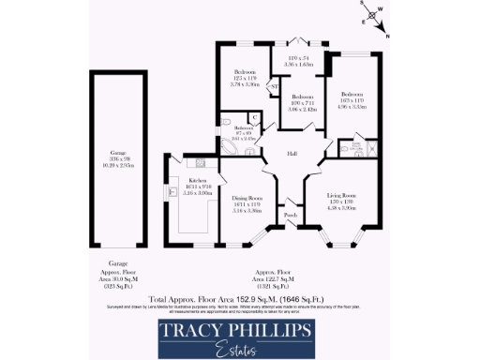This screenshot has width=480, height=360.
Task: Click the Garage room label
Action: (x=117, y=152)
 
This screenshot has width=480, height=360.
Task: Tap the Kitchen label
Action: (x=198, y=179)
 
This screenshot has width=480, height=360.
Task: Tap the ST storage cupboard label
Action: (x=274, y=87)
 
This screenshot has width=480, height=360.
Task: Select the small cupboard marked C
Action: (x=254, y=117)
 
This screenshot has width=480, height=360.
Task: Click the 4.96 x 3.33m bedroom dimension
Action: (x=352, y=107)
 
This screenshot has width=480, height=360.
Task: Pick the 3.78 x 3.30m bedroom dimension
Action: (x=242, y=84)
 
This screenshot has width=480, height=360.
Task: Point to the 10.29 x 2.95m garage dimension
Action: (x=117, y=165)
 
